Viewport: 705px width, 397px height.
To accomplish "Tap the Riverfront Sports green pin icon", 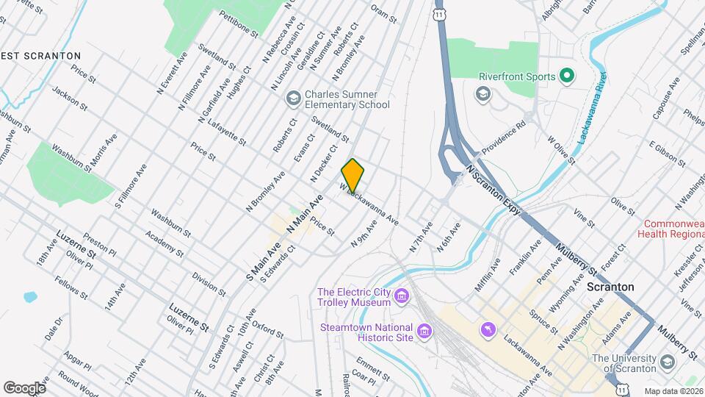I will click(x=566, y=75).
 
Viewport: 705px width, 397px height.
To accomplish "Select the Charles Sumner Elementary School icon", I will click(x=293, y=99).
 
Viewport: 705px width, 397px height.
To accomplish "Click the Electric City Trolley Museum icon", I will click(x=401, y=297).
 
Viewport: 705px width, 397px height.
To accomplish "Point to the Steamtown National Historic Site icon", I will click(x=424, y=332).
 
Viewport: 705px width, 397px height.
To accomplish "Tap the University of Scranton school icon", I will click(x=667, y=362).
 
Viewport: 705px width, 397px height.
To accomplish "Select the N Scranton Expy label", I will click(x=493, y=190).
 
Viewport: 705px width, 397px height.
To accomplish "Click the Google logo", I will click(x=24, y=387).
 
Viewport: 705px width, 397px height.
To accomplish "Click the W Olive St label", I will click(x=561, y=146).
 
